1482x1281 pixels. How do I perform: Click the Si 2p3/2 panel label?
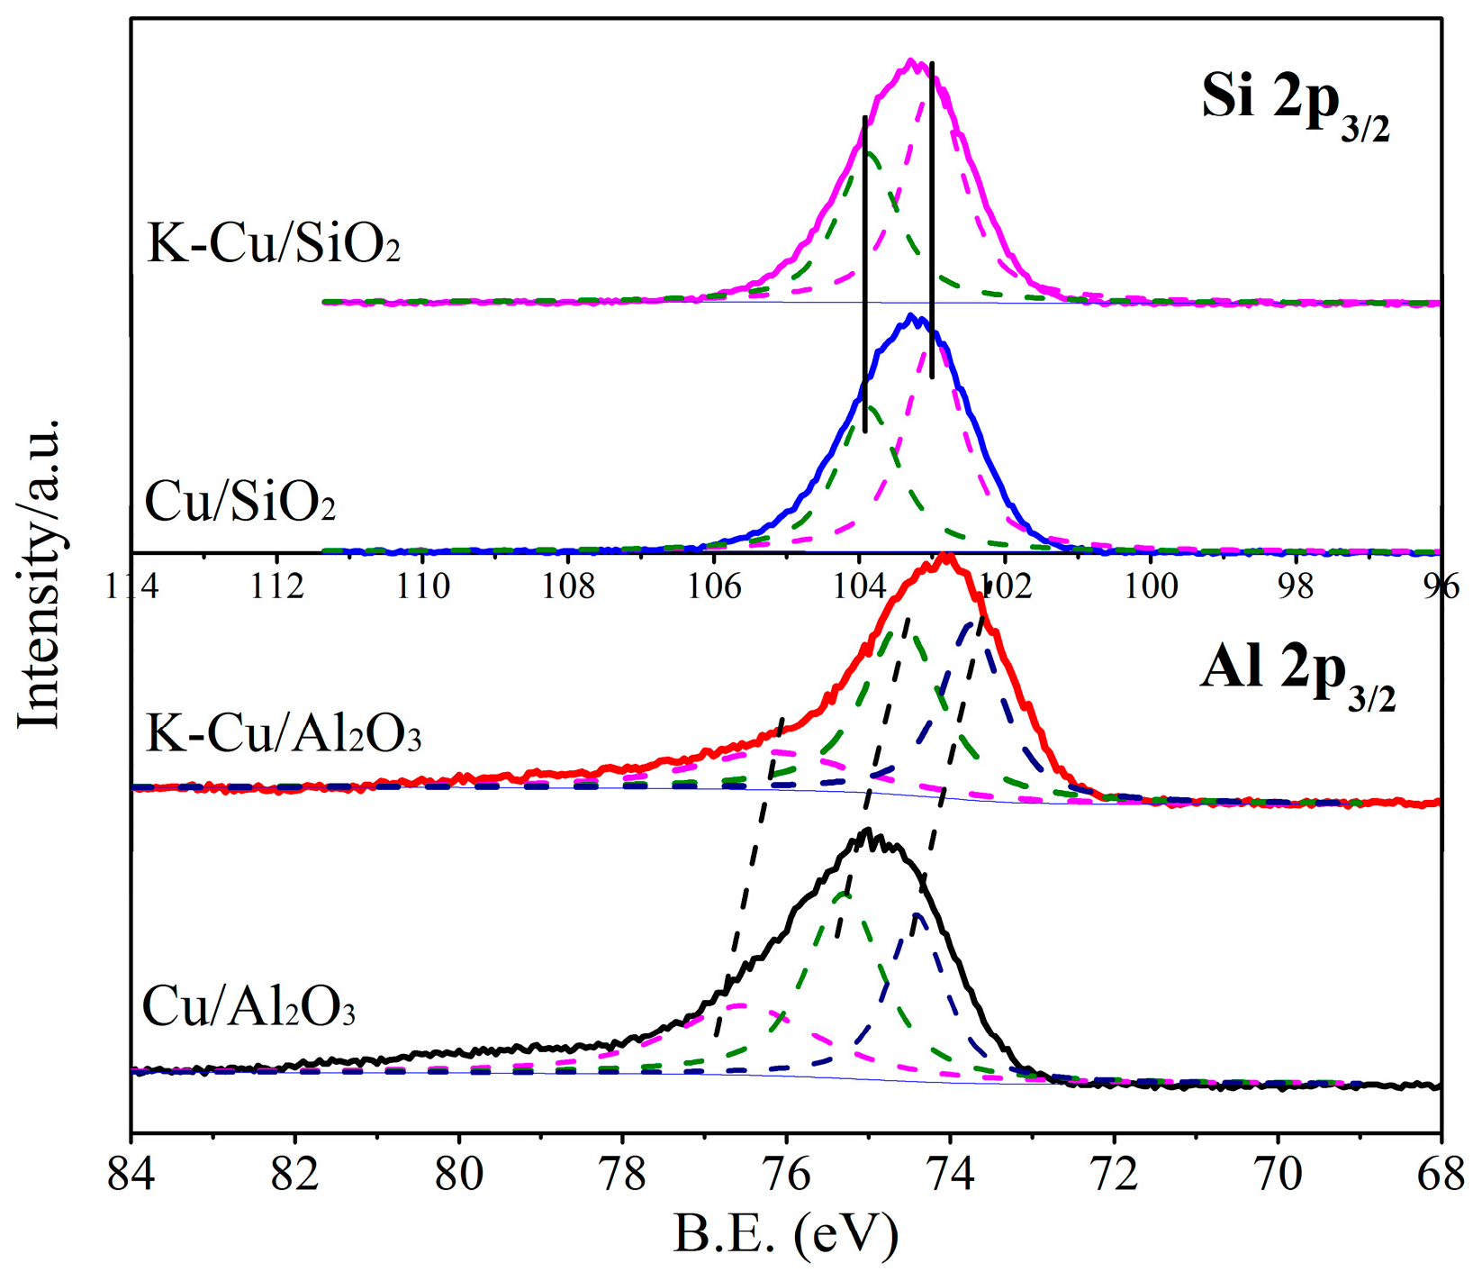pos(1295,104)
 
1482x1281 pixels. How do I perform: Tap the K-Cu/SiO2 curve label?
pos(273,243)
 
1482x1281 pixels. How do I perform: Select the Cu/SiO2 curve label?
pos(239,502)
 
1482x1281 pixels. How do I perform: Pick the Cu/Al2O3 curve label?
pos(249,1007)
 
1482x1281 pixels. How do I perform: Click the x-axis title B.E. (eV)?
pos(785,1234)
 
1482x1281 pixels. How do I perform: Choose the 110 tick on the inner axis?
pos(423,586)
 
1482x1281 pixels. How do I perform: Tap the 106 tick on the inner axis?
pos(714,586)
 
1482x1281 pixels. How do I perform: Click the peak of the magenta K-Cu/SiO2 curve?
pos(910,60)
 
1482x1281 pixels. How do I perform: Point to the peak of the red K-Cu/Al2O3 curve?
pos(944,555)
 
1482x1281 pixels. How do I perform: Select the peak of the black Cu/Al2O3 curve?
pos(867,830)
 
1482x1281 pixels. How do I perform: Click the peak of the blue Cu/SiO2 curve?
pos(911,315)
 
